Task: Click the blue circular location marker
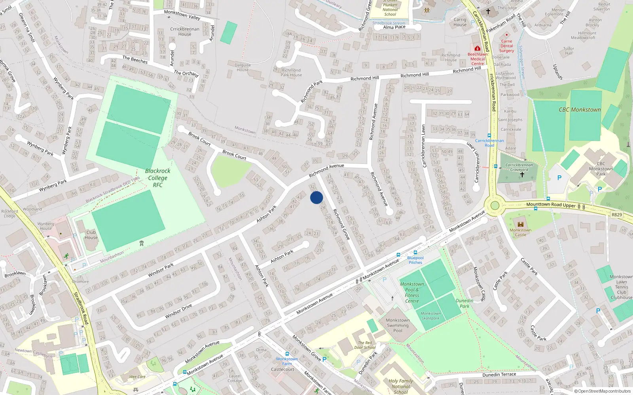pyautogui.click(x=316, y=197)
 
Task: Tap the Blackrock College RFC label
pyautogui.click(x=157, y=178)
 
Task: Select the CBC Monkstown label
pyautogui.click(x=580, y=110)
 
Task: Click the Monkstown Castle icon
pyautogui.click(x=521, y=224)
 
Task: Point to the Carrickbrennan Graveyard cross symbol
pyautogui.click(x=522, y=174)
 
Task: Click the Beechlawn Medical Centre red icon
pyautogui.click(x=478, y=49)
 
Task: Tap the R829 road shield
pyautogui.click(x=616, y=214)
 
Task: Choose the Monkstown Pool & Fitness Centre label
pyautogui.click(x=412, y=292)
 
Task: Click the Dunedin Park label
pyautogui.click(x=464, y=303)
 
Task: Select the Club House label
pyautogui.click(x=91, y=235)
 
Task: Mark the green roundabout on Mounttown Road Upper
pyautogui.click(x=495, y=205)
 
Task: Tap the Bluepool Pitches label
pyautogui.click(x=415, y=260)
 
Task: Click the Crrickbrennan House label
pyautogui.click(x=185, y=32)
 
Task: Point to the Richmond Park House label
pyautogui.click(x=291, y=73)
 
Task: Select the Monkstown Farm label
pyautogui.click(x=287, y=361)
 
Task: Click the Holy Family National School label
pyautogui.click(x=401, y=386)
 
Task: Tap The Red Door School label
pyautogui.click(x=365, y=345)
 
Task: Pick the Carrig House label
pyautogui.click(x=460, y=22)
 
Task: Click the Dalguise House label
pyautogui.click(x=243, y=68)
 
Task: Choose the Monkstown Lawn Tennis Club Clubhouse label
pyautogui.click(x=622, y=287)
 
